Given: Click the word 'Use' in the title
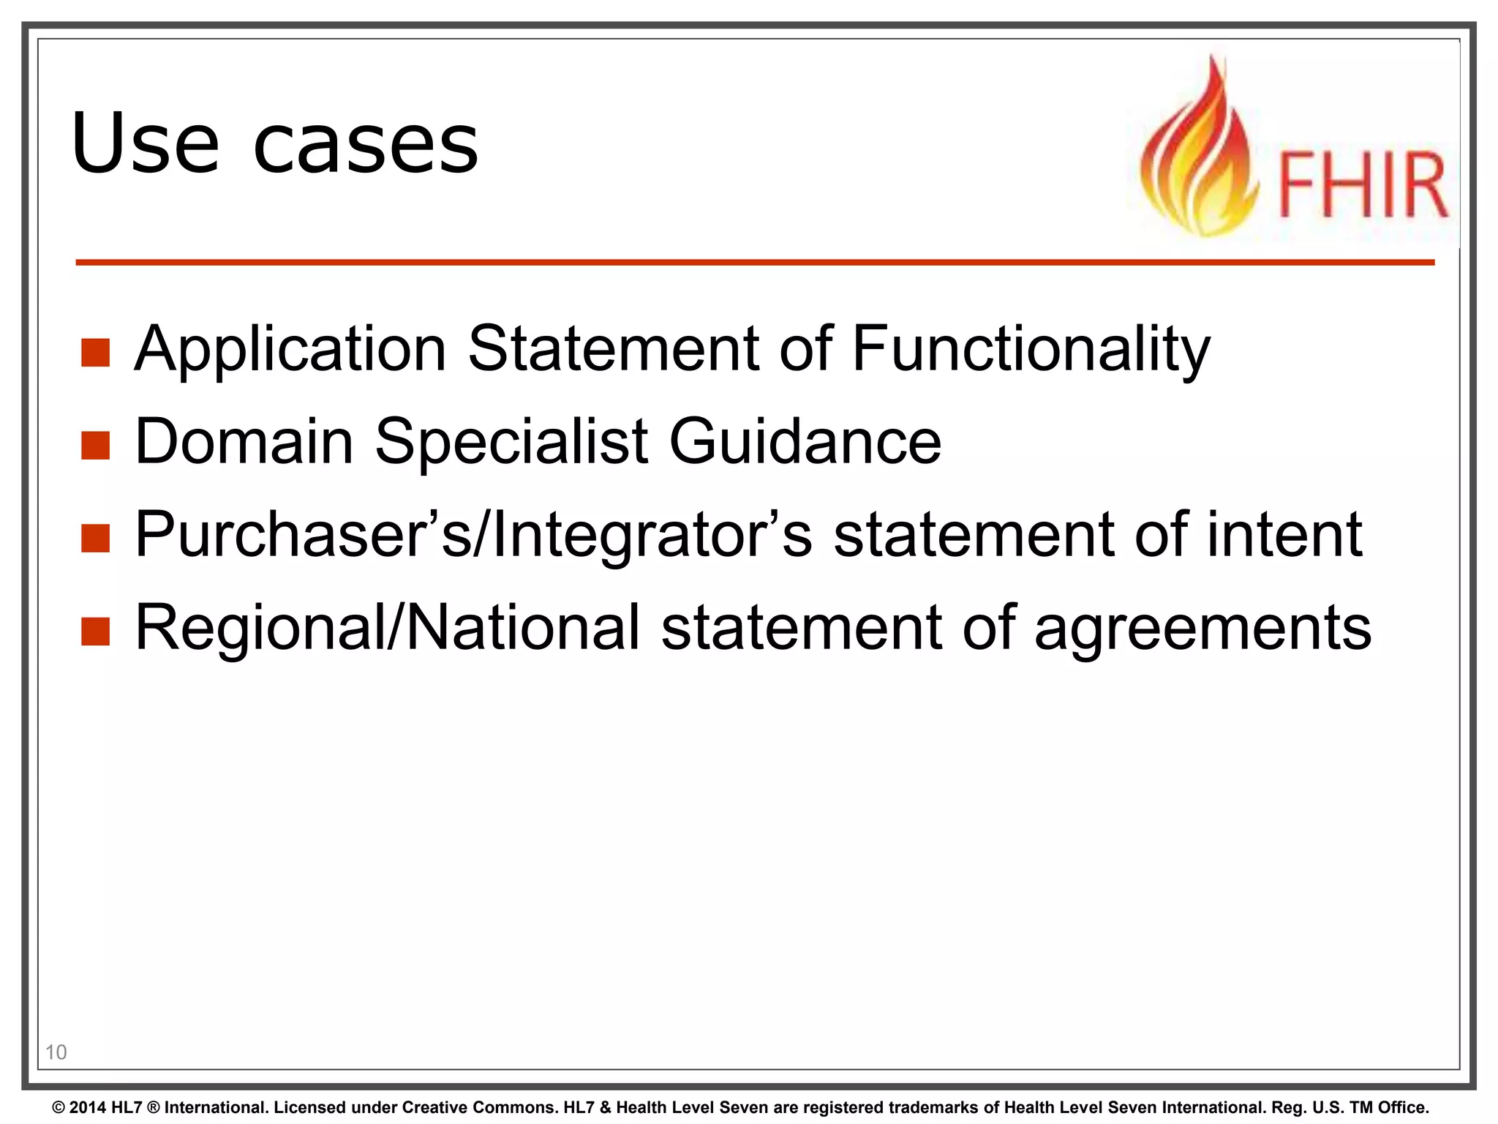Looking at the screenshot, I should (145, 143).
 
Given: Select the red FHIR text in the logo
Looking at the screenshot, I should (1363, 185).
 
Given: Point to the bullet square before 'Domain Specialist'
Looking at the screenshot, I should (95, 445).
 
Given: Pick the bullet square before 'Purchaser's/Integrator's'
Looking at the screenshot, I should (95, 538).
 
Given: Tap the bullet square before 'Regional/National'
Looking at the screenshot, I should (95, 631).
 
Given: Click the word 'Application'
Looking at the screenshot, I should (290, 350).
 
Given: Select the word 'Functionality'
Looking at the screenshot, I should (1031, 350).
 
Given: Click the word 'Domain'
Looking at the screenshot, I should (244, 441).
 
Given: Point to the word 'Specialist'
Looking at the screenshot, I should (511, 443).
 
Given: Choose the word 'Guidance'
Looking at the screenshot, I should (805, 441).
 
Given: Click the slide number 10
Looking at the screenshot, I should (56, 1052).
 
